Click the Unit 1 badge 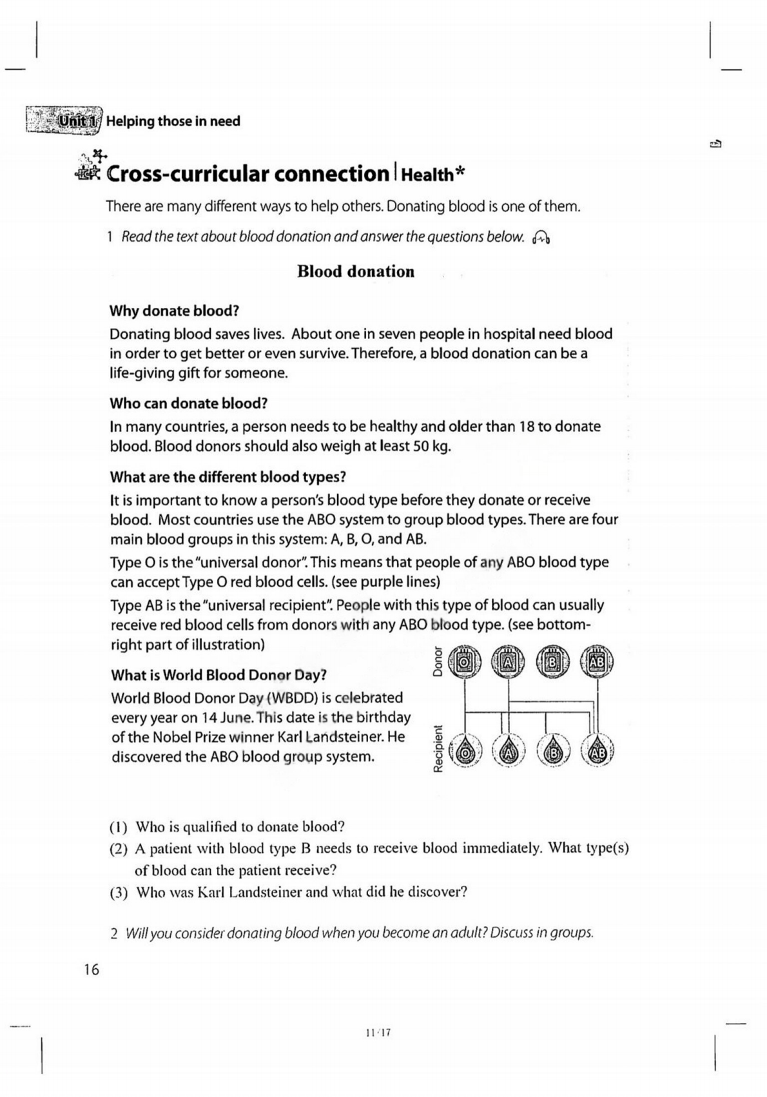click(77, 121)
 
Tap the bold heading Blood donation click(356, 271)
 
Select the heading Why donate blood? click(174, 311)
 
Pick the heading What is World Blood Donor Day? click(218, 675)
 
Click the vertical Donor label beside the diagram click(437, 661)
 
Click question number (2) click(119, 848)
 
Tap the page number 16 click(92, 969)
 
